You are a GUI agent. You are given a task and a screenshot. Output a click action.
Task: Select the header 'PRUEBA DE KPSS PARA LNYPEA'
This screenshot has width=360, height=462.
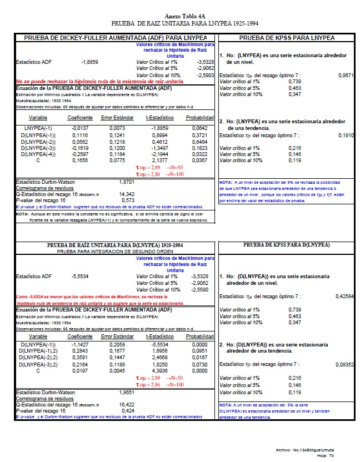point(286,37)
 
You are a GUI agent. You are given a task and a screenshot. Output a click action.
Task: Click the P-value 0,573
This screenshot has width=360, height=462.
point(128,200)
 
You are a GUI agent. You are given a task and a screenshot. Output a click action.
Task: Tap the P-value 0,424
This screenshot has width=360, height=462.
point(128,411)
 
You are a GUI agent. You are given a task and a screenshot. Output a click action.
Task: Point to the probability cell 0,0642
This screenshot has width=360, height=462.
point(204,128)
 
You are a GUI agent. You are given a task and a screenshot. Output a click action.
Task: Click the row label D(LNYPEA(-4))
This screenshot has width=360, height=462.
point(37,153)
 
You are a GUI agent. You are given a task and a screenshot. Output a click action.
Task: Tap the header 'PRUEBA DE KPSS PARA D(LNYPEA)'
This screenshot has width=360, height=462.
point(286,244)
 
